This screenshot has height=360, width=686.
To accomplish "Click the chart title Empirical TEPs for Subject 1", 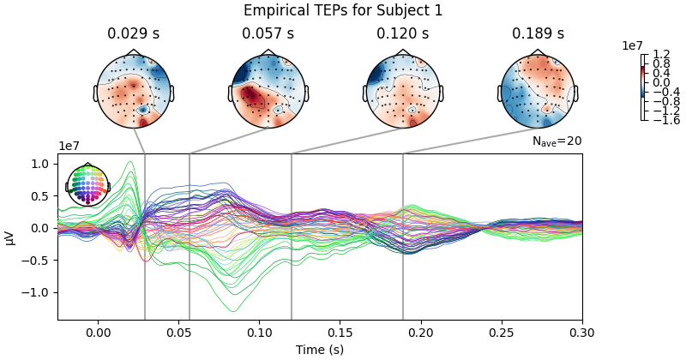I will [343, 11].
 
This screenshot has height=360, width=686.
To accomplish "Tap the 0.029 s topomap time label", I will [133, 34].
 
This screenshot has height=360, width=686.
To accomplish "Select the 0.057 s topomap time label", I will [268, 34].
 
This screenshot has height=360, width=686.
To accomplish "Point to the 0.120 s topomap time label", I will [402, 34].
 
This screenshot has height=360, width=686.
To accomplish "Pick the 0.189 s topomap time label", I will [538, 34].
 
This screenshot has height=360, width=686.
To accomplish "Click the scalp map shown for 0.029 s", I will [134, 90].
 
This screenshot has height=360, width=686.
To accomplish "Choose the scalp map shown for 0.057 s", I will [268, 90].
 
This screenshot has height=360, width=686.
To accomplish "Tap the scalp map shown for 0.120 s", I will [403, 90].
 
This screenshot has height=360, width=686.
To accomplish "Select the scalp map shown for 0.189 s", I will [538, 90].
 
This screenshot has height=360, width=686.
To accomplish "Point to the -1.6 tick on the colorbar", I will [661, 120].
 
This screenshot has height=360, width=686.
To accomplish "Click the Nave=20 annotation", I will [557, 141].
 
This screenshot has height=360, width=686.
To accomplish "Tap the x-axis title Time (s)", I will [320, 350].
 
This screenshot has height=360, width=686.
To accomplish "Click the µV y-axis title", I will [10, 237].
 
